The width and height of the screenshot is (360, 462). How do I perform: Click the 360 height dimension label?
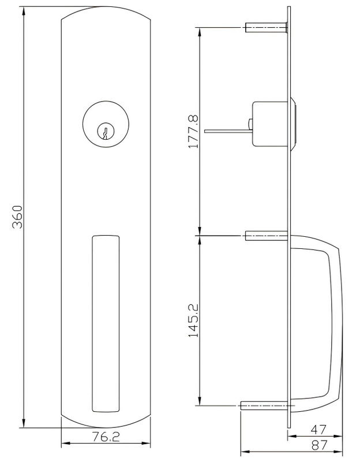pyautogui.click(x=17, y=217)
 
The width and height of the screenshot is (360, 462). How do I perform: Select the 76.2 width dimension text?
pyautogui.click(x=105, y=438)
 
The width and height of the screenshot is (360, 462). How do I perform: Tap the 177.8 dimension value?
pyautogui.click(x=193, y=132)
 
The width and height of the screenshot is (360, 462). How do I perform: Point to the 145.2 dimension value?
pyautogui.click(x=193, y=318)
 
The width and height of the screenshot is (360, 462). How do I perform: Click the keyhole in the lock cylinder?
pyautogui.click(x=105, y=132)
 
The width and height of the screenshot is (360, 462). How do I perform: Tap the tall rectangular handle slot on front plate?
pyautogui.click(x=105, y=323)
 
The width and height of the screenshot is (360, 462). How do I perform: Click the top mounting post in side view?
pyautogui.click(x=266, y=27)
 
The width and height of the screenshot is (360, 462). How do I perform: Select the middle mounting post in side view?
pyautogui.click(x=266, y=236)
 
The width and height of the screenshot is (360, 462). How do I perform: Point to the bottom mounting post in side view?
pyautogui.click(x=262, y=407)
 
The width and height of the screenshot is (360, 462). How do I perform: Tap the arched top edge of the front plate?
pyautogui.click(x=105, y=8)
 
